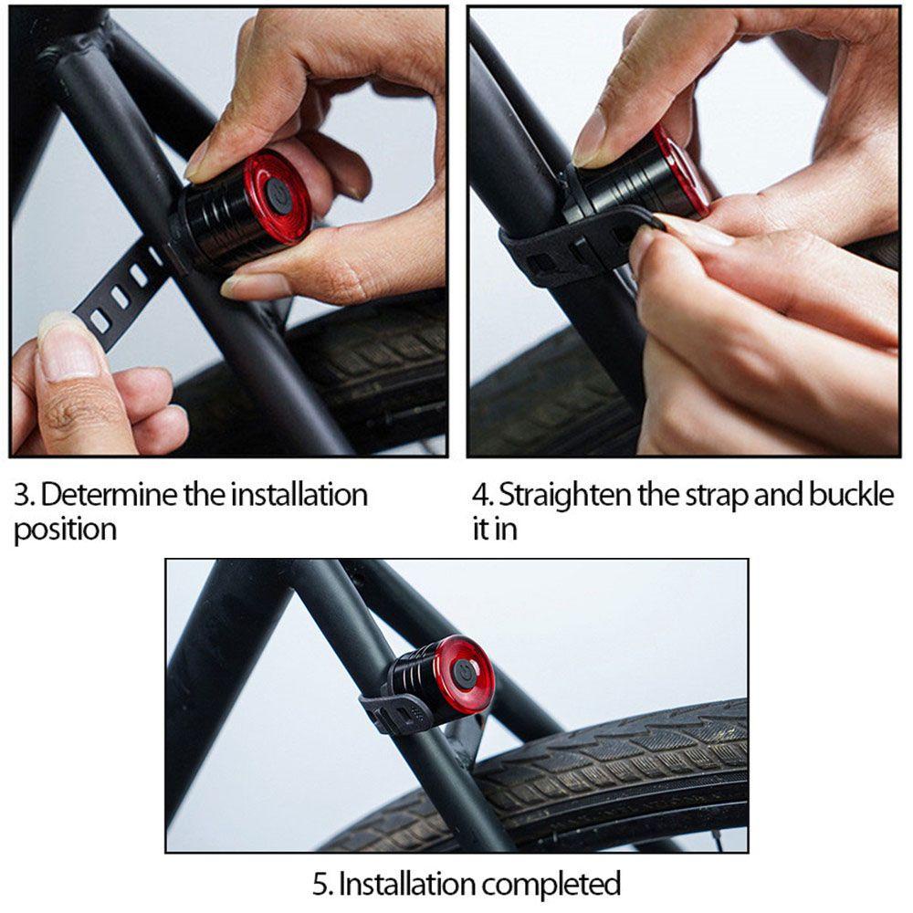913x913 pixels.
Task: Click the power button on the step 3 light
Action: click(278, 195)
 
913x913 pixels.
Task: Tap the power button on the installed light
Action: click(464, 671)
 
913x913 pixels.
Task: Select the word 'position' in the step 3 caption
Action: click(65, 530)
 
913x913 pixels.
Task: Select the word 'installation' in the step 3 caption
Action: click(299, 495)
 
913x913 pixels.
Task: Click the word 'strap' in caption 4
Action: click(716, 496)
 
